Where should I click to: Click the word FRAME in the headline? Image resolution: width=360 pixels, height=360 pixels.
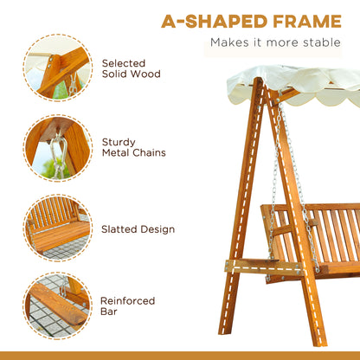pyautogui.click(x=304, y=19)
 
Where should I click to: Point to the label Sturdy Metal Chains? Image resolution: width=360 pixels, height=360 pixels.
pyautogui.click(x=134, y=146)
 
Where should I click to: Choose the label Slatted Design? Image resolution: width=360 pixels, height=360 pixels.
pyautogui.click(x=138, y=229)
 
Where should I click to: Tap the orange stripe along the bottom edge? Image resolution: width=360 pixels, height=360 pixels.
pyautogui.click(x=180, y=355)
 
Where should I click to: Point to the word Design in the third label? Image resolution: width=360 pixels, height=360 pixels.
pyautogui.click(x=157, y=229)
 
